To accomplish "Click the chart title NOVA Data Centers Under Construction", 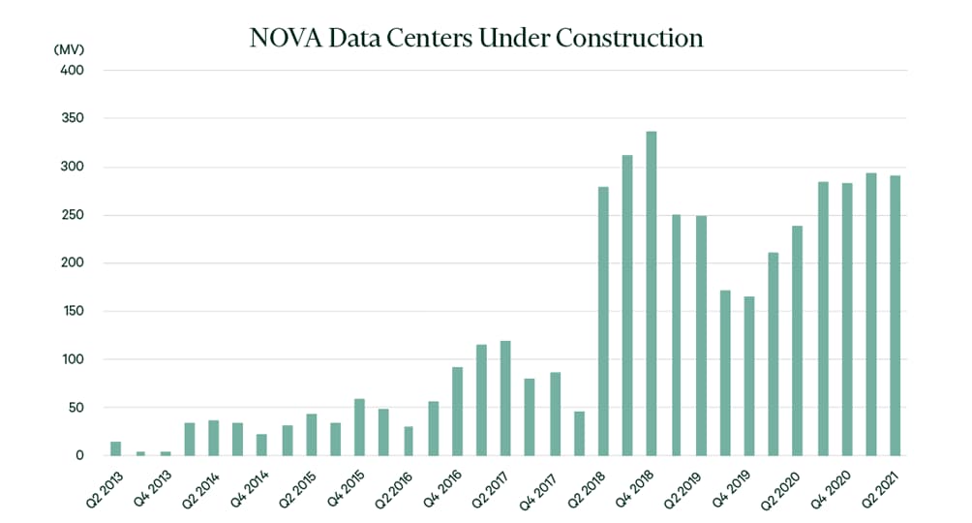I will click(x=475, y=38).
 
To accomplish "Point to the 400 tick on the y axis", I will click(x=73, y=71).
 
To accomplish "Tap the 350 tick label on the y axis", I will click(x=73, y=118).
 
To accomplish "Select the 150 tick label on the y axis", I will click(x=73, y=311).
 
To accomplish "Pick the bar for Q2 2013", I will click(x=116, y=448).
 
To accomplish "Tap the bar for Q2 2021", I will click(x=896, y=315).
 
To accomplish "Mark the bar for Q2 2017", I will click(x=505, y=398).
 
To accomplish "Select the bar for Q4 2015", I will click(x=359, y=427).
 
